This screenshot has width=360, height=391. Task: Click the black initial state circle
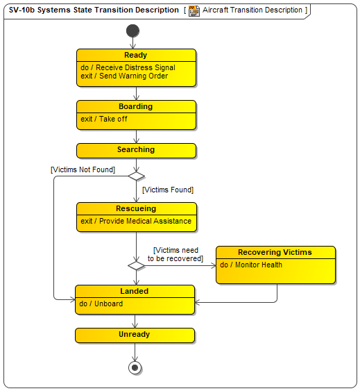(x=132, y=31)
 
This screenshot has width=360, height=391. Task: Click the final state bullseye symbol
(x=135, y=367)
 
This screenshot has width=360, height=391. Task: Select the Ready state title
(x=135, y=55)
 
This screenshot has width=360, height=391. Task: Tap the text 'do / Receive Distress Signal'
(x=128, y=67)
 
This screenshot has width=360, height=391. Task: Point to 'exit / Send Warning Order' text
(x=124, y=76)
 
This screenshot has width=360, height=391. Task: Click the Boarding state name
(x=135, y=106)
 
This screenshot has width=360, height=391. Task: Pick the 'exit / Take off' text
(x=104, y=119)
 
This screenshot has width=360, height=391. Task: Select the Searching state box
(x=136, y=151)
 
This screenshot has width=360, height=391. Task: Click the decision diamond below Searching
(x=136, y=176)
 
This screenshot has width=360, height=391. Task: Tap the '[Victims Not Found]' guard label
(x=83, y=170)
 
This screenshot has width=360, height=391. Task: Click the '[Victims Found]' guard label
(x=168, y=190)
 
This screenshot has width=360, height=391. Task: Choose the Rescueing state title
(x=136, y=208)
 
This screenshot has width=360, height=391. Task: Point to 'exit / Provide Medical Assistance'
(x=136, y=221)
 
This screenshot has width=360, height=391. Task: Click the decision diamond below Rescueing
(x=136, y=265)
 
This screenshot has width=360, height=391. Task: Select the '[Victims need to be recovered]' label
(x=175, y=254)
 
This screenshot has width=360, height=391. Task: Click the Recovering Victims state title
(x=275, y=252)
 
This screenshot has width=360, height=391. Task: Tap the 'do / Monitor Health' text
(x=251, y=265)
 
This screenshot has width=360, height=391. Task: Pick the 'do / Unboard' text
(x=101, y=303)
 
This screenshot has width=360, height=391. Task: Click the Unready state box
(x=135, y=335)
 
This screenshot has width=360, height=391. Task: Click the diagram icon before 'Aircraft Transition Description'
(x=194, y=10)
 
